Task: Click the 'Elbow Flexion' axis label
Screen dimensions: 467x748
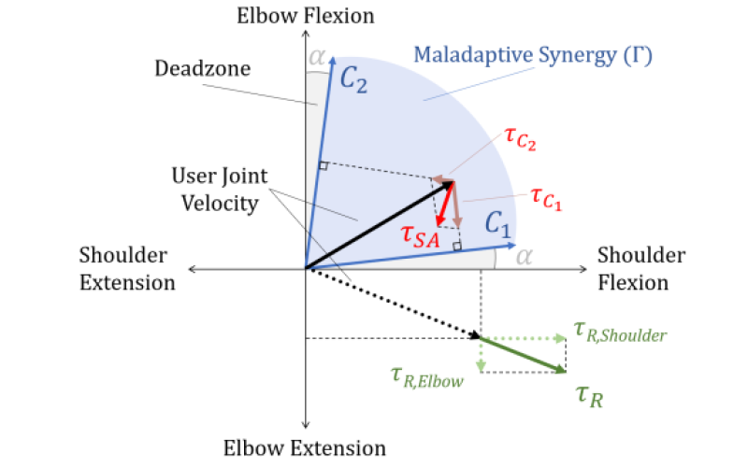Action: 306,15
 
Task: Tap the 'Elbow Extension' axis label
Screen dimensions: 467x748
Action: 305,448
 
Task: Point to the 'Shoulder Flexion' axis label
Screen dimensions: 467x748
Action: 640,268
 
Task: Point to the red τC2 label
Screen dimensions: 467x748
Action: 520,140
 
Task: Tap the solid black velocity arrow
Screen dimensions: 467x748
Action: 379,225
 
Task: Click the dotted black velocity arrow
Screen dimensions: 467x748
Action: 393,304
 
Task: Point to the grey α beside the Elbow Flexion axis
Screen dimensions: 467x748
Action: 319,58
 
